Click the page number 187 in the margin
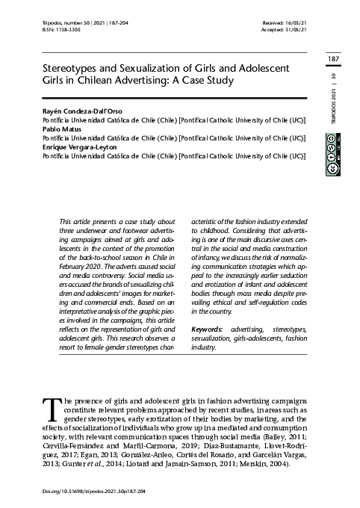click(334, 59)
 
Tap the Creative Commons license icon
click(332, 156)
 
